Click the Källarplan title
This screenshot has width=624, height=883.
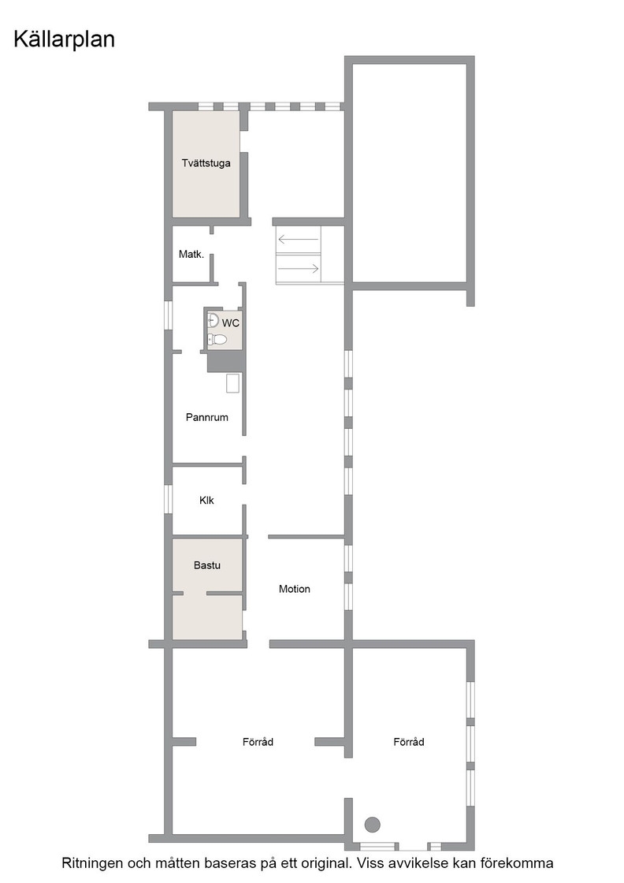tap(64, 39)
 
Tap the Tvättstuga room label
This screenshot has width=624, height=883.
tap(206, 163)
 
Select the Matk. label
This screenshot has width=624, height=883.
tap(191, 254)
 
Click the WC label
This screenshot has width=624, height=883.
tap(231, 323)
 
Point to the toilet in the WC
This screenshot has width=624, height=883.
tap(217, 339)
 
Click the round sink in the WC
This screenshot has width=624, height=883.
tap(213, 320)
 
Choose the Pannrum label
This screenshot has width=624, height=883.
tap(207, 417)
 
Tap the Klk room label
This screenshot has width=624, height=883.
tap(206, 500)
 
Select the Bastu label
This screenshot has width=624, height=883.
tap(207, 565)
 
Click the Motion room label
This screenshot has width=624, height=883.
tap(295, 589)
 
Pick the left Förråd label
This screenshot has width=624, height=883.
tap(258, 742)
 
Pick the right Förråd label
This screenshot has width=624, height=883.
tap(408, 742)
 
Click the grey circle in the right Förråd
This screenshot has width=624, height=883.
tap(372, 825)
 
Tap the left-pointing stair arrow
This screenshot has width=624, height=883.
tap(299, 240)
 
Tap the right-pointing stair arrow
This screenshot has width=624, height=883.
tap(299, 269)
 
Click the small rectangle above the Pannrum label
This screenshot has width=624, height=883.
tap(233, 383)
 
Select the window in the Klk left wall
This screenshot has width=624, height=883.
tap(168, 499)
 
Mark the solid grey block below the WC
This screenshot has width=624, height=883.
tap(226, 361)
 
